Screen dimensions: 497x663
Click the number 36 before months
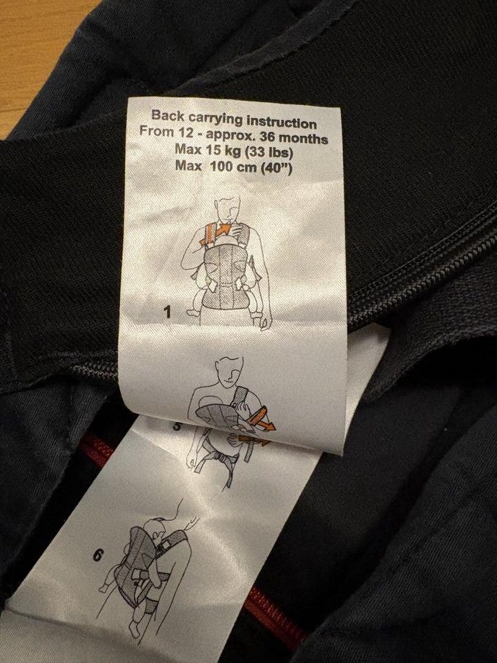[269, 137]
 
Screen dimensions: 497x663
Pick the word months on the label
[304, 138]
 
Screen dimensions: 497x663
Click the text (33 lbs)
[269, 152]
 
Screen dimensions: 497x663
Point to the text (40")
[276, 168]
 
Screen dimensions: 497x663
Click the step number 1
[168, 312]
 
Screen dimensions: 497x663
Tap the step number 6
[97, 555]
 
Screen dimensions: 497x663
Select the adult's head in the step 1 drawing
[228, 209]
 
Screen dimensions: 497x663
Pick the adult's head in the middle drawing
[229, 371]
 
